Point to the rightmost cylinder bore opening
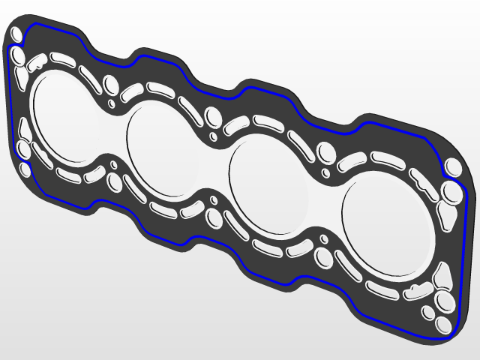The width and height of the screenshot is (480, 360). click(387, 226)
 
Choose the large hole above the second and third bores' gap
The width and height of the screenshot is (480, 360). click(214, 117)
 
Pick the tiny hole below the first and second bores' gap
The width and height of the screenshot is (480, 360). click(113, 164)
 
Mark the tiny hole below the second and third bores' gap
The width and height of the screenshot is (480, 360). click(214, 199)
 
